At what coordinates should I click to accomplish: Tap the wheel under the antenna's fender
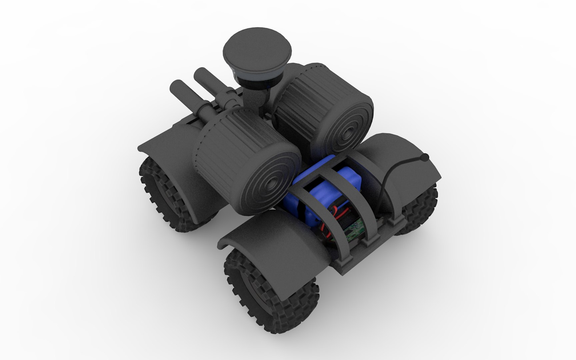[x=422, y=207]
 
